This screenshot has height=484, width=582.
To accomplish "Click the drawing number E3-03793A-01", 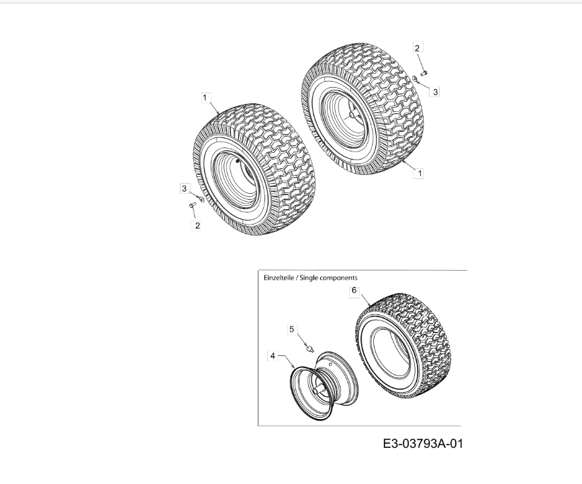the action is pyautogui.click(x=423, y=443).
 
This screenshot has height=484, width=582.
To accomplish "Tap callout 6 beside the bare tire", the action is pyautogui.click(x=354, y=290).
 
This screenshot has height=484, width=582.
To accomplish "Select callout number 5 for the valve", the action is pyautogui.click(x=292, y=329).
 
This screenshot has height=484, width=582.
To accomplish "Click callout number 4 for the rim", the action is pyautogui.click(x=273, y=356).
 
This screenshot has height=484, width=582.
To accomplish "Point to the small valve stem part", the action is pyautogui.click(x=309, y=348).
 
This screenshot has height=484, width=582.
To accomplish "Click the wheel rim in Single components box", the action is pyautogui.click(x=324, y=385).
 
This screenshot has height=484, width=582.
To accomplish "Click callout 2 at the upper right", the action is pyautogui.click(x=417, y=48).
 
